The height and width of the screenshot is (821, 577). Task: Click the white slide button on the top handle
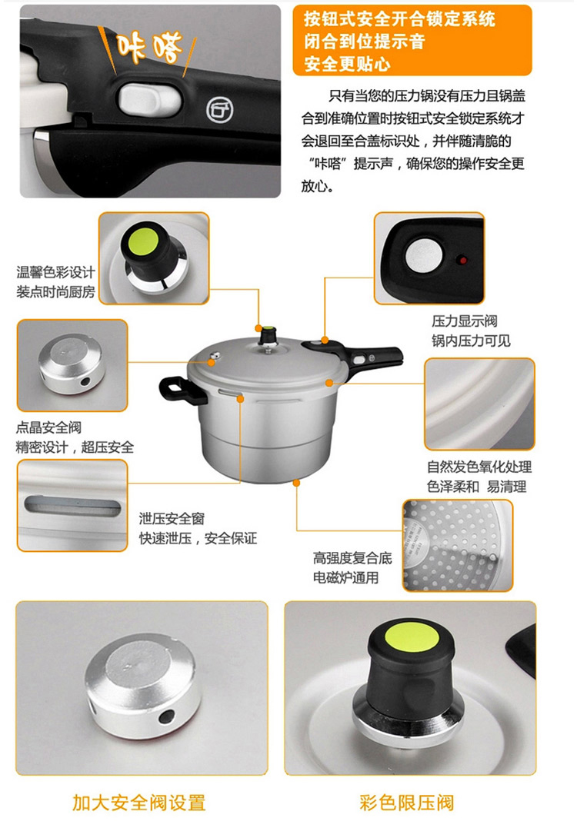point(150,98)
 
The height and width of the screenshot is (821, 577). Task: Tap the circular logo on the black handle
point(219,109)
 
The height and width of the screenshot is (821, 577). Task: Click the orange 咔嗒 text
point(149,46)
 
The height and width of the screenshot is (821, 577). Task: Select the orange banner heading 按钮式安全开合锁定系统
point(399,19)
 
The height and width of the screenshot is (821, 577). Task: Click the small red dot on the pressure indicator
point(462,260)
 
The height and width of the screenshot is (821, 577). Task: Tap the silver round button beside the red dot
point(423,256)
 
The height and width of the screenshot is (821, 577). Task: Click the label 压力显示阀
point(465,321)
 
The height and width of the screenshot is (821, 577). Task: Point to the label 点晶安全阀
point(48,427)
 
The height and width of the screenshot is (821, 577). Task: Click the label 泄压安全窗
point(172,518)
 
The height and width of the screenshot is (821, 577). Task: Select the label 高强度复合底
point(352,558)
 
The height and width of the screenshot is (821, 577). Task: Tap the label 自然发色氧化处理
point(479,467)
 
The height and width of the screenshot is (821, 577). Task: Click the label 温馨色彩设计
point(55,272)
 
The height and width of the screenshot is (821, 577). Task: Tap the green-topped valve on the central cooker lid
point(268,336)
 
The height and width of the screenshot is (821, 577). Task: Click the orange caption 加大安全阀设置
point(139,803)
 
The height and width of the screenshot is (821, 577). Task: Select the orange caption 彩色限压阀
point(407,803)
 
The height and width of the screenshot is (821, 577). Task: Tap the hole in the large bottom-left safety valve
point(167,715)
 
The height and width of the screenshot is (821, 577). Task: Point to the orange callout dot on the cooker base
point(297,483)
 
